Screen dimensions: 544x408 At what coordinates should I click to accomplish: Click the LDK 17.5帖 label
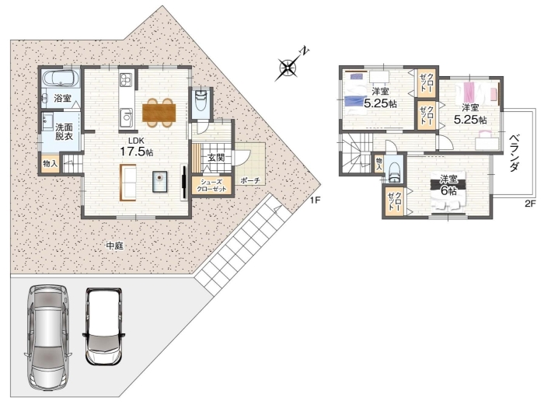[x=136, y=147]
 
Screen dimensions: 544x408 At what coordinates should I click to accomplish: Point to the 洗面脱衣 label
[x=65, y=131]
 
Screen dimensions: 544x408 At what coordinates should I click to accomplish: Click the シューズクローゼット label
[x=211, y=186]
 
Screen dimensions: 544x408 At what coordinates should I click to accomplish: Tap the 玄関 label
[x=216, y=158]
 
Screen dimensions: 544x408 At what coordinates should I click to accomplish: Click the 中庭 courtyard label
[x=114, y=246]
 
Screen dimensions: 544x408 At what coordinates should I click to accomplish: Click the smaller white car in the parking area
[x=103, y=326]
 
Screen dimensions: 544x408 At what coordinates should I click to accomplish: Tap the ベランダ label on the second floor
[x=514, y=152]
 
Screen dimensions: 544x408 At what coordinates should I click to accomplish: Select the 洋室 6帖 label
[x=448, y=185]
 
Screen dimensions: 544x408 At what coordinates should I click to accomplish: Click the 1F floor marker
[x=315, y=201]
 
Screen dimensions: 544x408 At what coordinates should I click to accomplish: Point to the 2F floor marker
[x=531, y=204]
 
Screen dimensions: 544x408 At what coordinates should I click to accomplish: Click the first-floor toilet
[x=201, y=100]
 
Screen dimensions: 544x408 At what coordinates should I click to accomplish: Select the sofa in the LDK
[x=127, y=183]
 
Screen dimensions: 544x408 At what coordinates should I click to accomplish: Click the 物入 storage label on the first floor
[x=51, y=164]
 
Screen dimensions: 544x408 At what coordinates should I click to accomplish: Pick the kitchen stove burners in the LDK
[x=125, y=80]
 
